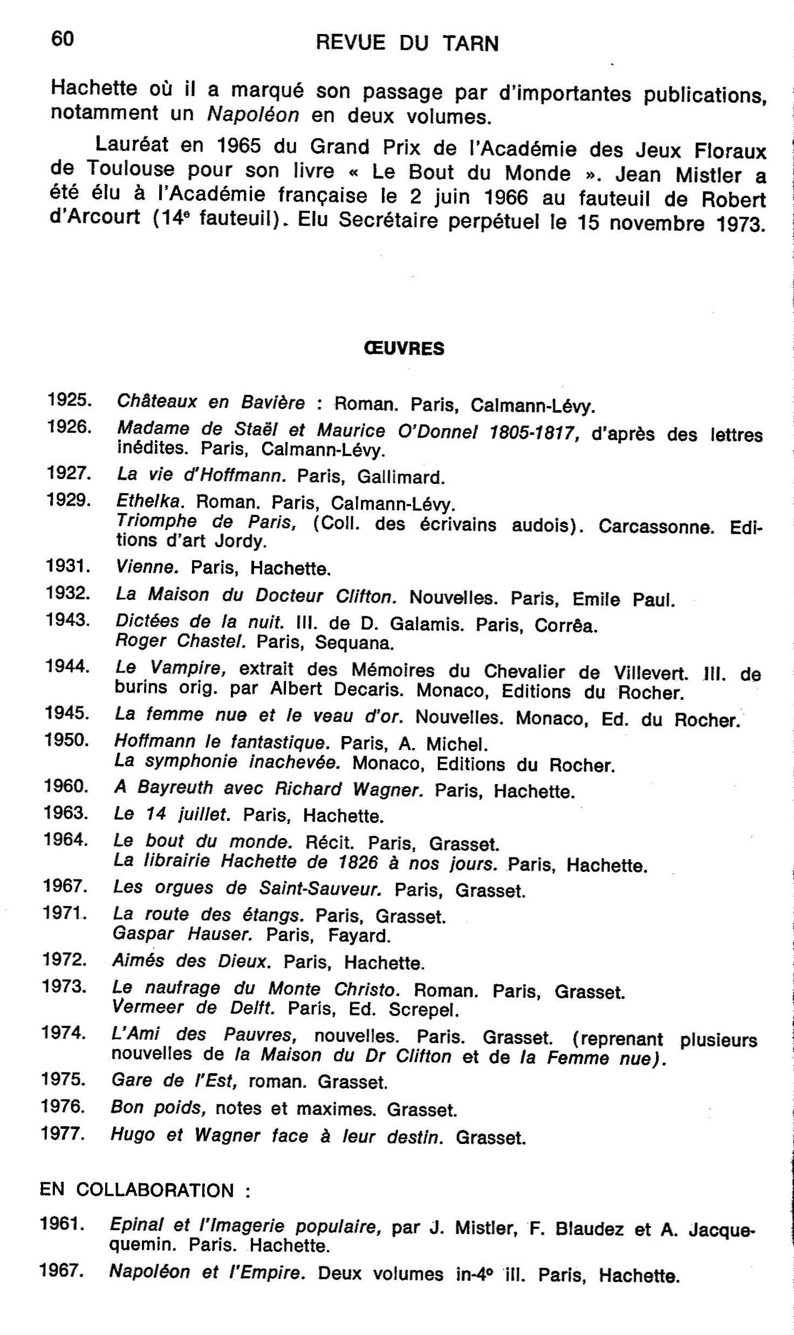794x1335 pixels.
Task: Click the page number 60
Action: pyautogui.click(x=62, y=38)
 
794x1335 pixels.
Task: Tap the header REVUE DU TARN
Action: pyautogui.click(x=407, y=43)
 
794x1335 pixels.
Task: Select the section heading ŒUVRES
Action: pyautogui.click(x=404, y=349)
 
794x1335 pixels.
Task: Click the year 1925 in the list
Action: pyautogui.click(x=70, y=400)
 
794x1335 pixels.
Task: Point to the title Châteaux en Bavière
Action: pyautogui.click(x=211, y=402)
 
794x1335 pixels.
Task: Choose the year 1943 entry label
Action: pyautogui.click(x=67, y=619)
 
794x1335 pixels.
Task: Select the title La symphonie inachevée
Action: pyautogui.click(x=227, y=762)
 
